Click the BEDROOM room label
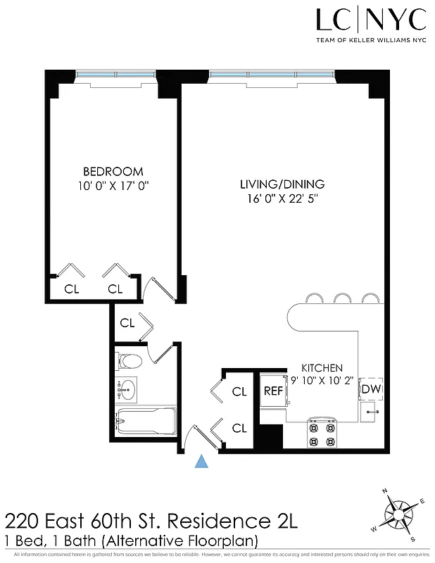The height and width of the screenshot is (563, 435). (x=113, y=171)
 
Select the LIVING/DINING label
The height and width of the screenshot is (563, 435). (x=282, y=184)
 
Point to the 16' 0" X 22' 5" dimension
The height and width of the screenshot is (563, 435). (x=282, y=198)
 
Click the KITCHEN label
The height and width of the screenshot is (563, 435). (x=322, y=368)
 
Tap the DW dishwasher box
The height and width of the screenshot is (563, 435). (x=370, y=388)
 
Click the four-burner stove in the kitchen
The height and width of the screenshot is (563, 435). (x=322, y=433)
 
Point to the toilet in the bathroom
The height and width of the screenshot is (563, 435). (x=129, y=362)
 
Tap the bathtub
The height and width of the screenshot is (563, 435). (x=145, y=422)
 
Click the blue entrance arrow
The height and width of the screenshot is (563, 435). (x=202, y=461)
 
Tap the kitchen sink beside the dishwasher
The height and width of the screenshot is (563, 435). (x=370, y=412)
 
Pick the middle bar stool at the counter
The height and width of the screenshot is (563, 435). (x=343, y=298)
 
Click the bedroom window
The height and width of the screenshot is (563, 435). (x=116, y=74)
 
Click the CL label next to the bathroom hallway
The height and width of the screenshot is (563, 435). (x=127, y=324)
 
